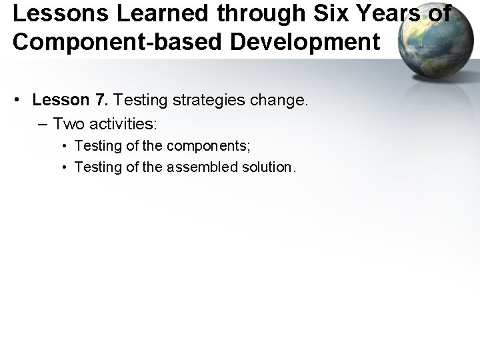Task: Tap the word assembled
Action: click(x=200, y=167)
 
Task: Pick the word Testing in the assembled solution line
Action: click(x=95, y=167)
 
